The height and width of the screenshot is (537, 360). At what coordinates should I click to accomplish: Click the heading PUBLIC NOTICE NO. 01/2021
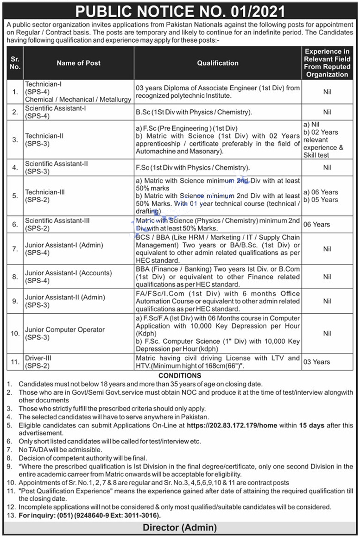pyautogui.click(x=180, y=11)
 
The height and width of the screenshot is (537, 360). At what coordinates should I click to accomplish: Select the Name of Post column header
pyautogui.click(x=78, y=63)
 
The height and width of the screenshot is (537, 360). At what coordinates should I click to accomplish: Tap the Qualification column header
pyautogui.click(x=218, y=63)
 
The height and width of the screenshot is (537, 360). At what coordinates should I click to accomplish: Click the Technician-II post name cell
pyautogui.click(x=44, y=139)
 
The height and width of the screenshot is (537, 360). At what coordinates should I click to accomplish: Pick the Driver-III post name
pyautogui.click(x=39, y=362)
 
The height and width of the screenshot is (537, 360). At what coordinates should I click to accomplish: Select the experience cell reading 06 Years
pyautogui.click(x=316, y=224)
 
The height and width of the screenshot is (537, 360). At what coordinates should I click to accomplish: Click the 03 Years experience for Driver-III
pyautogui.click(x=316, y=362)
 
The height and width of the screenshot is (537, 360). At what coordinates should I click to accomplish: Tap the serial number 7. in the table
pyautogui.click(x=15, y=249)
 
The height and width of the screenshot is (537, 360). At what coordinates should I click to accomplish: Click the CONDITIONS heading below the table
pyautogui.click(x=180, y=375)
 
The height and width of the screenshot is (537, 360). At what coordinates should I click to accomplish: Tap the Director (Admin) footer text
pyautogui.click(x=180, y=527)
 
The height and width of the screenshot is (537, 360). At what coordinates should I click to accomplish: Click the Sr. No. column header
pyautogui.click(x=15, y=63)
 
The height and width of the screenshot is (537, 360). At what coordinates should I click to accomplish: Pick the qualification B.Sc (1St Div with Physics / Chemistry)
pyautogui.click(x=194, y=112)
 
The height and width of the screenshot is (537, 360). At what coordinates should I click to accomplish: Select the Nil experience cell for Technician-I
pyautogui.click(x=327, y=92)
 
